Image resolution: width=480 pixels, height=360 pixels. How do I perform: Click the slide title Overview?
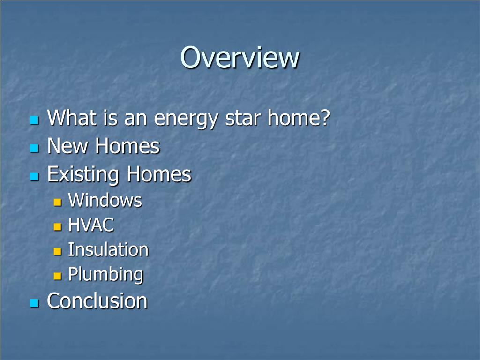(x=240, y=58)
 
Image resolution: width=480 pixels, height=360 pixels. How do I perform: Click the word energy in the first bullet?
(x=186, y=118)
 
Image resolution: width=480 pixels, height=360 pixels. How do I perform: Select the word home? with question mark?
(x=299, y=118)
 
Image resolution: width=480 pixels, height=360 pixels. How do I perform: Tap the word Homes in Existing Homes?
(x=159, y=175)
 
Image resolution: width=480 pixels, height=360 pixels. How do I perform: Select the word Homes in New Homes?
(x=127, y=146)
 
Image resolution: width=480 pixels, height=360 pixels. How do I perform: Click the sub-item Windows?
(x=105, y=201)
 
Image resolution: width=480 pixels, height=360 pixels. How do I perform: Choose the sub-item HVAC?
(x=91, y=225)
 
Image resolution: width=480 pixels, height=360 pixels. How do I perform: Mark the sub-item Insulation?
(x=108, y=250)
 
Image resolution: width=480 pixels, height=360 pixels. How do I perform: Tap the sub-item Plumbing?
(x=106, y=274)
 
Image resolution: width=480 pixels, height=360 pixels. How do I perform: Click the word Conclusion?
(x=97, y=301)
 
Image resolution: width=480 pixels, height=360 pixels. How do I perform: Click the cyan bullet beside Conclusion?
(x=34, y=303)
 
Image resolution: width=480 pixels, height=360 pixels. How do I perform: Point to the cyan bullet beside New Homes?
(x=34, y=149)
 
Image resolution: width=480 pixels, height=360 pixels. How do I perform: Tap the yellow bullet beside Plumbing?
(x=58, y=276)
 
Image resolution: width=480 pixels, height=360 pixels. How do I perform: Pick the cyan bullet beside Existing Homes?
(x=34, y=177)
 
